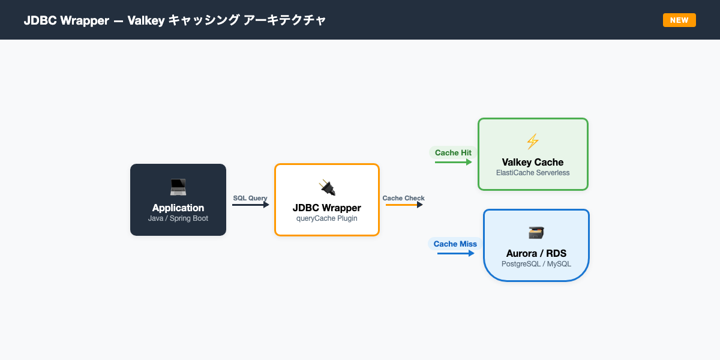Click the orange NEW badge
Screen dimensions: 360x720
coord(679,20)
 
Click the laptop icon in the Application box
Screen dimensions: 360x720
coord(178,187)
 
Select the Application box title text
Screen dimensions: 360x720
coord(178,208)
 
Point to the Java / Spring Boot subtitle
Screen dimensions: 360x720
coord(178,218)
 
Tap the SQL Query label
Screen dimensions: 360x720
coord(250,198)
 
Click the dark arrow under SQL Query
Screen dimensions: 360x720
coord(251,205)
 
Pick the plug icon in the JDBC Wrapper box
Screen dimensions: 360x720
coord(327,187)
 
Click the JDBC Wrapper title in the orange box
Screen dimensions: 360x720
coord(327,208)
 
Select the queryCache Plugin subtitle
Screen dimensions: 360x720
coord(327,218)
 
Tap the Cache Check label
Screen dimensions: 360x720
coord(403,198)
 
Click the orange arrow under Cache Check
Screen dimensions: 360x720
coord(404,205)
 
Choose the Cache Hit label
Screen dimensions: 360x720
coord(453,152)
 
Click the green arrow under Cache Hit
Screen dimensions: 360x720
coord(454,161)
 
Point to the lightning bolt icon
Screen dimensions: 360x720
coord(533,142)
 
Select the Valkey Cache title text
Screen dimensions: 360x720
coord(533,162)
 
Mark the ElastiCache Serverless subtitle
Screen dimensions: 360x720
coord(533,173)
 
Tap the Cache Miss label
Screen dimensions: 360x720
coord(455,244)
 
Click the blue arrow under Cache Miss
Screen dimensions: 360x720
coord(455,253)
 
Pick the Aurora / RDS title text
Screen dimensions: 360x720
coord(536,253)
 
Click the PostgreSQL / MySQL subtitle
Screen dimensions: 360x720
coord(536,264)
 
